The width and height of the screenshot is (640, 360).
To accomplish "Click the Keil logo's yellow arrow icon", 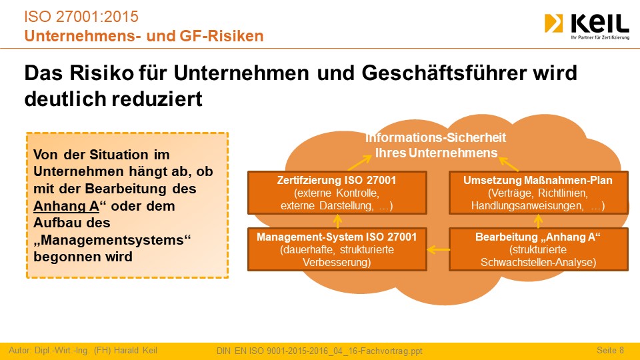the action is point(553,23).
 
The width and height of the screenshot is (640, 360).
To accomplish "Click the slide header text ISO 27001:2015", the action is point(81,17).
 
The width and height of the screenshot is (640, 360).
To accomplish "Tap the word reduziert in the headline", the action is point(157,99).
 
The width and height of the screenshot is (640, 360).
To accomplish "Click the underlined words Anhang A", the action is point(66,206).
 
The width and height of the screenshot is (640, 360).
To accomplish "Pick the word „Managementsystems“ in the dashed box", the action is point(112,240).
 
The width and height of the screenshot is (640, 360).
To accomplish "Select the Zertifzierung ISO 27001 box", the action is point(337,193).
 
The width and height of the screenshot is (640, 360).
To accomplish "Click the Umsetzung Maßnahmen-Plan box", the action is point(539,193).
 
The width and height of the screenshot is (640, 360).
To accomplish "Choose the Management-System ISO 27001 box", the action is point(337,249).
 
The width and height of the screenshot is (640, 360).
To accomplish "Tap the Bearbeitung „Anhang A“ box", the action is point(539,249).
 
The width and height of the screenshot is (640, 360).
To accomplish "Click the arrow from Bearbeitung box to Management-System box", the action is point(439,249).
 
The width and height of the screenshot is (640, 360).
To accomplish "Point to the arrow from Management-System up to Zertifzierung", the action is point(337,221).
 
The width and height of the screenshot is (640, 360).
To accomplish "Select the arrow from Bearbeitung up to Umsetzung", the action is point(539,221).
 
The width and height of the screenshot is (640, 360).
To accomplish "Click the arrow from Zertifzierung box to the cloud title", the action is point(359,163).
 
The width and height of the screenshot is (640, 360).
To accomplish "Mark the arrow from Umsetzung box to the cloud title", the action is point(509,164).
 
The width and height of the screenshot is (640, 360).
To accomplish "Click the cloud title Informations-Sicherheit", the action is point(435,137).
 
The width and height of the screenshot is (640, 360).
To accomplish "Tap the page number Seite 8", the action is point(610,350).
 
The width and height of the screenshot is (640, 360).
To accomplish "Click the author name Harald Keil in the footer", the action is point(135,350).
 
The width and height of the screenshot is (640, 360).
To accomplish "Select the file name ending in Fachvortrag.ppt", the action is point(319,351).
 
